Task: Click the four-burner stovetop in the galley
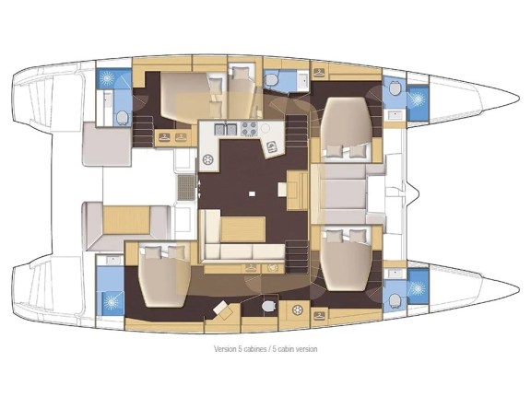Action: [248, 129]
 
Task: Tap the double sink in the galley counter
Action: [224, 129]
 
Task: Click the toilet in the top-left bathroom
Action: [122, 116]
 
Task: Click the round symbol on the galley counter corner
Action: [265, 128]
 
